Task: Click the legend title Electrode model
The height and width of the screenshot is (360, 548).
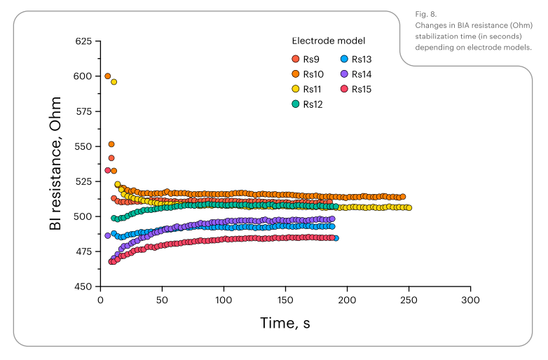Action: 328,41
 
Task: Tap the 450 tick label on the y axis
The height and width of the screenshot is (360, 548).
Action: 83,286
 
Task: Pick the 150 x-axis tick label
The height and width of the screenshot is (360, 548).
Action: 285,300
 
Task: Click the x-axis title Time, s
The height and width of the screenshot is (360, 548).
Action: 285,323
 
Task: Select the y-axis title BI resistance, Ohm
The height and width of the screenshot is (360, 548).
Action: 55,164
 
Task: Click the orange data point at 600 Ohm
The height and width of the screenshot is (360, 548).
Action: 107,76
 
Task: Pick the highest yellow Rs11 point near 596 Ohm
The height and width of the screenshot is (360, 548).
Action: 114,82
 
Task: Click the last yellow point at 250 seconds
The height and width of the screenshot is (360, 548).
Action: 409,208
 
